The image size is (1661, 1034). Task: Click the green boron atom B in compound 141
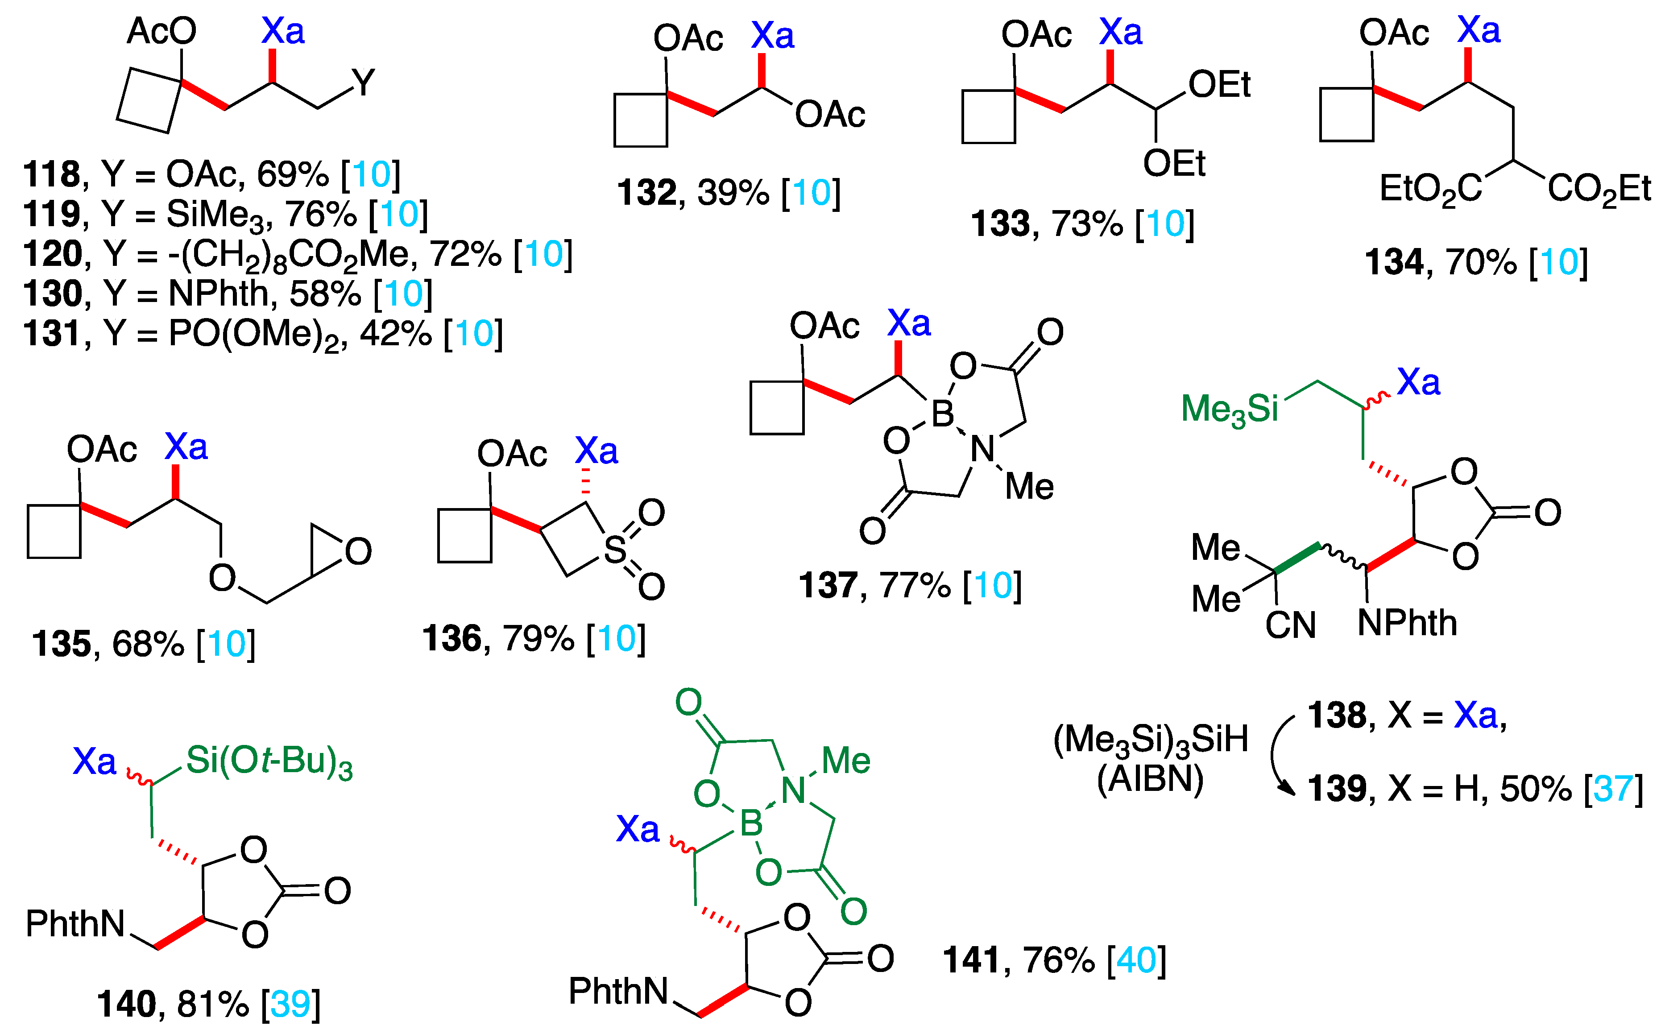[751, 823]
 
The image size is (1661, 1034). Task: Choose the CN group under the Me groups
[1290, 625]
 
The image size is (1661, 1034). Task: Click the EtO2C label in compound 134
[1430, 190]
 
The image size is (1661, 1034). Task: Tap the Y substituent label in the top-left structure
[364, 83]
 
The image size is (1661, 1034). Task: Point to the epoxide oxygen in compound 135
[358, 551]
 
